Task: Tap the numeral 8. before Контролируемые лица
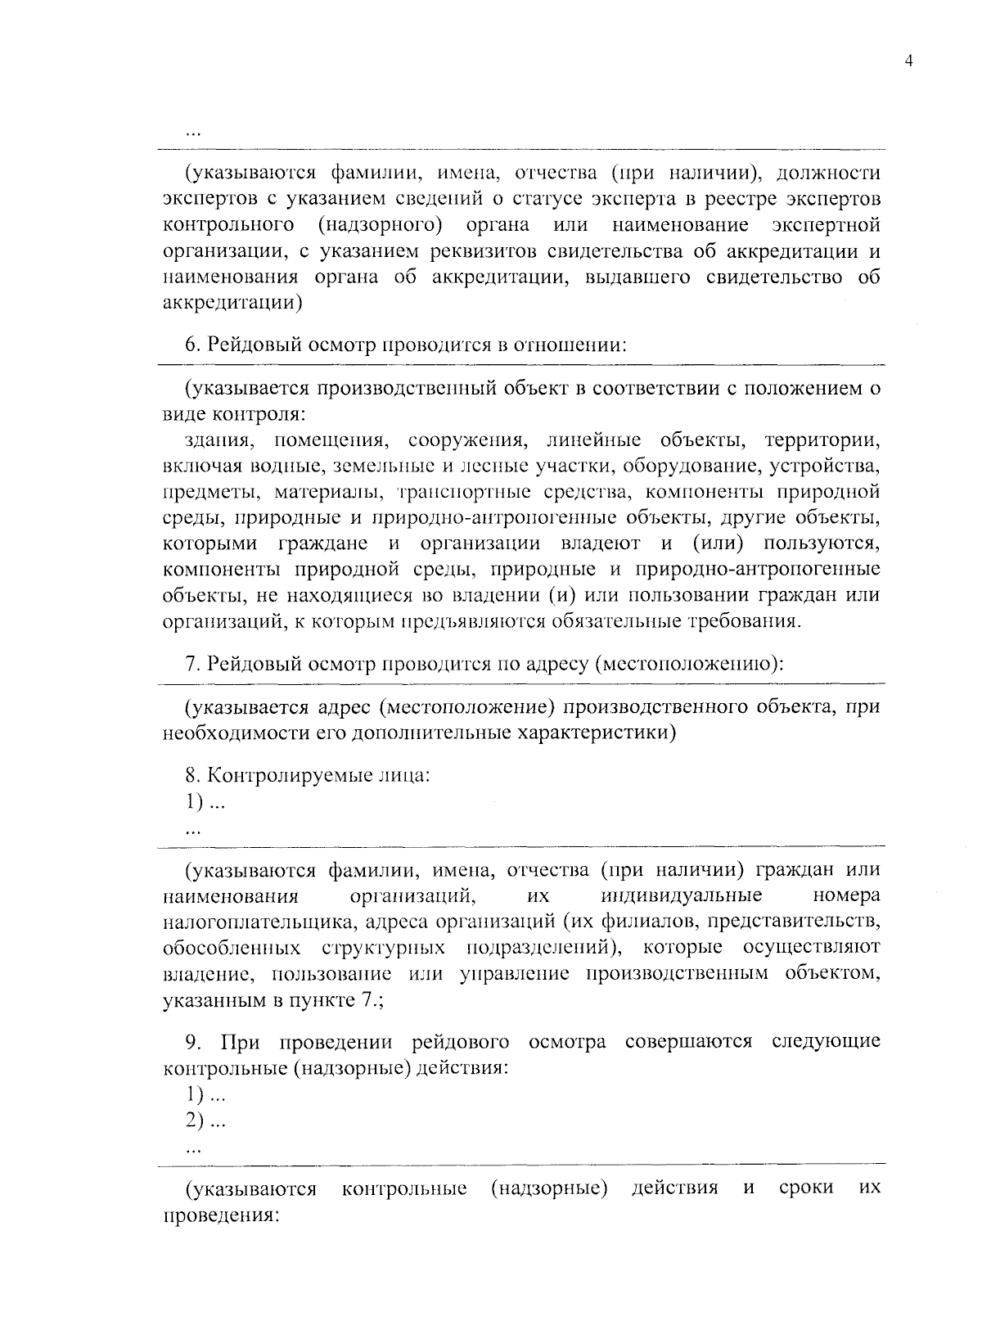pos(192,774)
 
